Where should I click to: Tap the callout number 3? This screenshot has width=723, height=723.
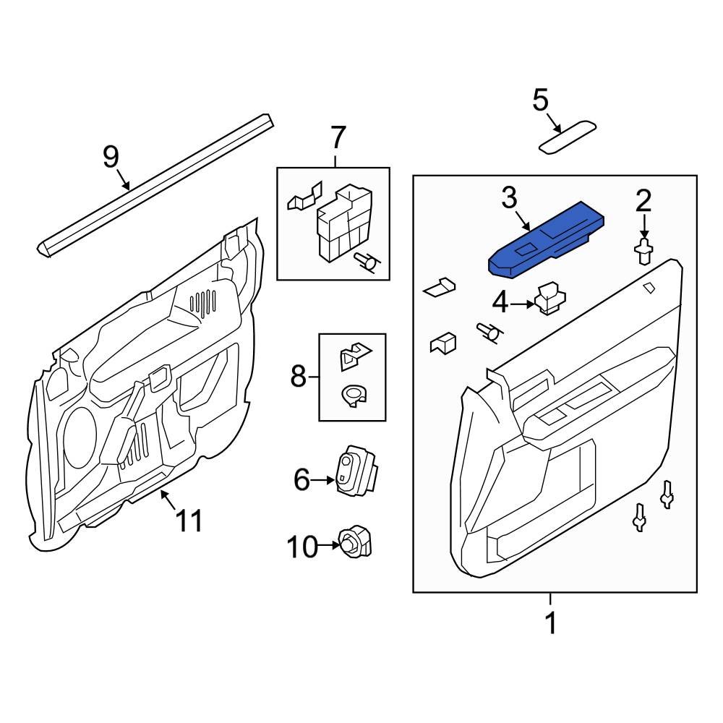510,197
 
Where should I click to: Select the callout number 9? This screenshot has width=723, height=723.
110,156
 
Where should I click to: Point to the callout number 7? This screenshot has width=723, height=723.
338,136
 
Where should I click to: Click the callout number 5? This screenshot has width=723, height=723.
541,100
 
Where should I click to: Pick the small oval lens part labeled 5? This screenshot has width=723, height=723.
568,137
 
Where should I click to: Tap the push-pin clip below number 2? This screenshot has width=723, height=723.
643,252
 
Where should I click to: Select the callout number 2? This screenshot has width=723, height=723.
643,200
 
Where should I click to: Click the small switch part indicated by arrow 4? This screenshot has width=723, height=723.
549,299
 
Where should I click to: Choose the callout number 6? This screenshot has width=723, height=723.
301,479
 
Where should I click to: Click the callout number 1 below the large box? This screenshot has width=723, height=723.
551,623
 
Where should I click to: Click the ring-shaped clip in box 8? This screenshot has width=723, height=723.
354,395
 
